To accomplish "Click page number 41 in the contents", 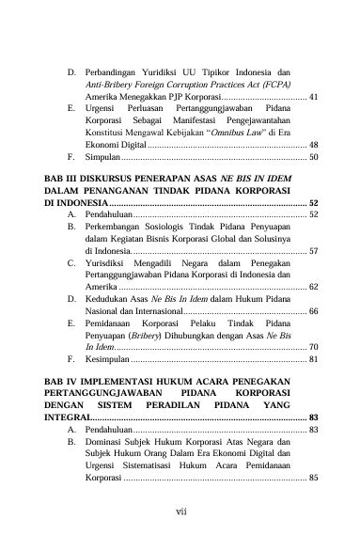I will pos(313,97).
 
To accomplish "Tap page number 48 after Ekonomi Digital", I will pos(313,146).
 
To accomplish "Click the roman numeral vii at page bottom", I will pos(180,511).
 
